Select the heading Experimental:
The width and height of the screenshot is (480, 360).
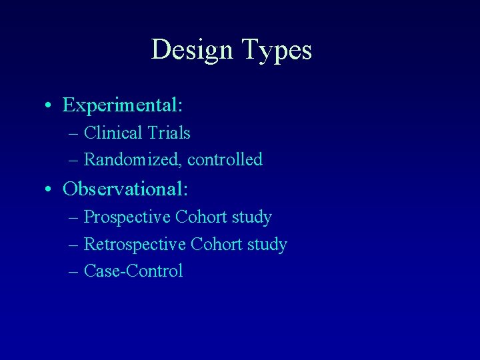[x=123, y=105]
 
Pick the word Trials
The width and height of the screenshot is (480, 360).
[x=169, y=133]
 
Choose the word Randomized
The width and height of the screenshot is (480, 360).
[x=133, y=160]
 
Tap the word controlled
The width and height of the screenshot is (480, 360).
[x=225, y=160]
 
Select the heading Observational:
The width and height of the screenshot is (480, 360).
[x=125, y=189]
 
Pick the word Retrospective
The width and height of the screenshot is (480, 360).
[x=135, y=245]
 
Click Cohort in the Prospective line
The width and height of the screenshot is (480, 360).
[x=200, y=217]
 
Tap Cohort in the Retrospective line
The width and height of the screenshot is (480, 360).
[x=215, y=245]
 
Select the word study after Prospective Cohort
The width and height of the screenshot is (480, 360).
[x=251, y=218]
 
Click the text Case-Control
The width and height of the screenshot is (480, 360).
[x=133, y=271]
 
